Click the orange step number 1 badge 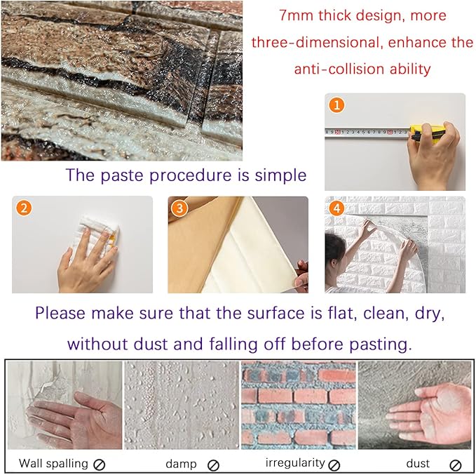click(339, 106)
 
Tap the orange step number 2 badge click(25, 208)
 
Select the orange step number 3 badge click(181, 208)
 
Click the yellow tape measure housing click(422, 131)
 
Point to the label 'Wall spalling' click(53, 463)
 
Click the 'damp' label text click(181, 464)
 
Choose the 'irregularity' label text click(295, 463)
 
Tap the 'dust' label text click(418, 464)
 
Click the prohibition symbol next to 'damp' click(214, 464)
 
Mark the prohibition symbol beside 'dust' click(456, 464)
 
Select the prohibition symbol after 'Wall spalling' click(100, 464)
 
